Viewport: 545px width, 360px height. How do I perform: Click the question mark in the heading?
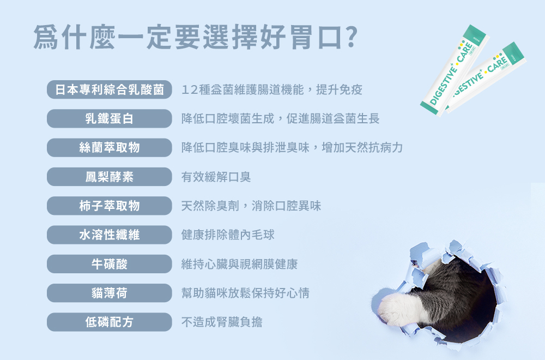352,37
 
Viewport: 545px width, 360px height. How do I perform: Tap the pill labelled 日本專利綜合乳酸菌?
110,90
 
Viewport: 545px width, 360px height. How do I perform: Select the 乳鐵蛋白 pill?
110,118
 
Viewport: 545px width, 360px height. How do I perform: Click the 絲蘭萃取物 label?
110,148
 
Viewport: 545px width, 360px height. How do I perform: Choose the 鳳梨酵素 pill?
110,177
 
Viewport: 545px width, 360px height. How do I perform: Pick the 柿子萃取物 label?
110,206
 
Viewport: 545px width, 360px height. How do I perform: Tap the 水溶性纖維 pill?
110,235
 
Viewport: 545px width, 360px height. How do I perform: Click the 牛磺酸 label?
110,264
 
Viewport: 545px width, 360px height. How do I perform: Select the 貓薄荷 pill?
110,293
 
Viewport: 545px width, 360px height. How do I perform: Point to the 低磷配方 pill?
110,322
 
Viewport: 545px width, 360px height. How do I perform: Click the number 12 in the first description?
190,90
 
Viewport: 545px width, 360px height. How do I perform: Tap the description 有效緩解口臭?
216,177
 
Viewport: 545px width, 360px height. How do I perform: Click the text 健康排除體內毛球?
228,235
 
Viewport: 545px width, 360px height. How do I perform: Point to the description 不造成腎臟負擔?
222,322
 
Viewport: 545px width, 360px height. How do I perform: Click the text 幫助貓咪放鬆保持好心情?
245,293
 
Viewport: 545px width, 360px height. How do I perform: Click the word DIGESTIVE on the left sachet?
443,85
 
